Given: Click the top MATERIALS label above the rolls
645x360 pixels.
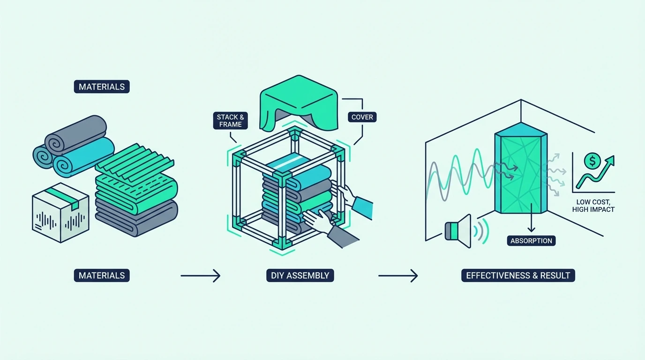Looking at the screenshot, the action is (102, 87).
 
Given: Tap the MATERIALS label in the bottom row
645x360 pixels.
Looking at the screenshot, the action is (102, 275).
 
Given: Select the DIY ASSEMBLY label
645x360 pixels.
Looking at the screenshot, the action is (300, 275).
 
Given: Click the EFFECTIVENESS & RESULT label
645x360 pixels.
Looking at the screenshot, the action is (518, 275).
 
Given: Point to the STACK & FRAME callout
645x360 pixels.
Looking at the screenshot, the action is (230, 120).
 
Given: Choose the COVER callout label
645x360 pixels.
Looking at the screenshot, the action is (362, 117).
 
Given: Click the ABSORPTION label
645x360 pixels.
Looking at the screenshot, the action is (531, 241).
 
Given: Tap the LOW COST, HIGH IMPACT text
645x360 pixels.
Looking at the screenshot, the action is (593, 206).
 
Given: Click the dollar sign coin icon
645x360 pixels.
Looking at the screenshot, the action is (592, 161).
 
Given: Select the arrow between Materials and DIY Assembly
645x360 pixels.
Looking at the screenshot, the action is (201, 276).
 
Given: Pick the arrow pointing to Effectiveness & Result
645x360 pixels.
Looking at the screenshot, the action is (398, 276).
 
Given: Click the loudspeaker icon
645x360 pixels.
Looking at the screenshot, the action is (458, 231).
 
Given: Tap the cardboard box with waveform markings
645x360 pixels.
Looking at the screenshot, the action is (60, 212).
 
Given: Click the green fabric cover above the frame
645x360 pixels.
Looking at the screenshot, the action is (299, 103).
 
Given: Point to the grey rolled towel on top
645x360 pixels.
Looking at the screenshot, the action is (76, 134).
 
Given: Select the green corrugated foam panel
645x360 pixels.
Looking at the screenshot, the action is (135, 163).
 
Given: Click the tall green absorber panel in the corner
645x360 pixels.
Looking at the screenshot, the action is (521, 168).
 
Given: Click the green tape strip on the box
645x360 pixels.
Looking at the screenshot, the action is (62, 197).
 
